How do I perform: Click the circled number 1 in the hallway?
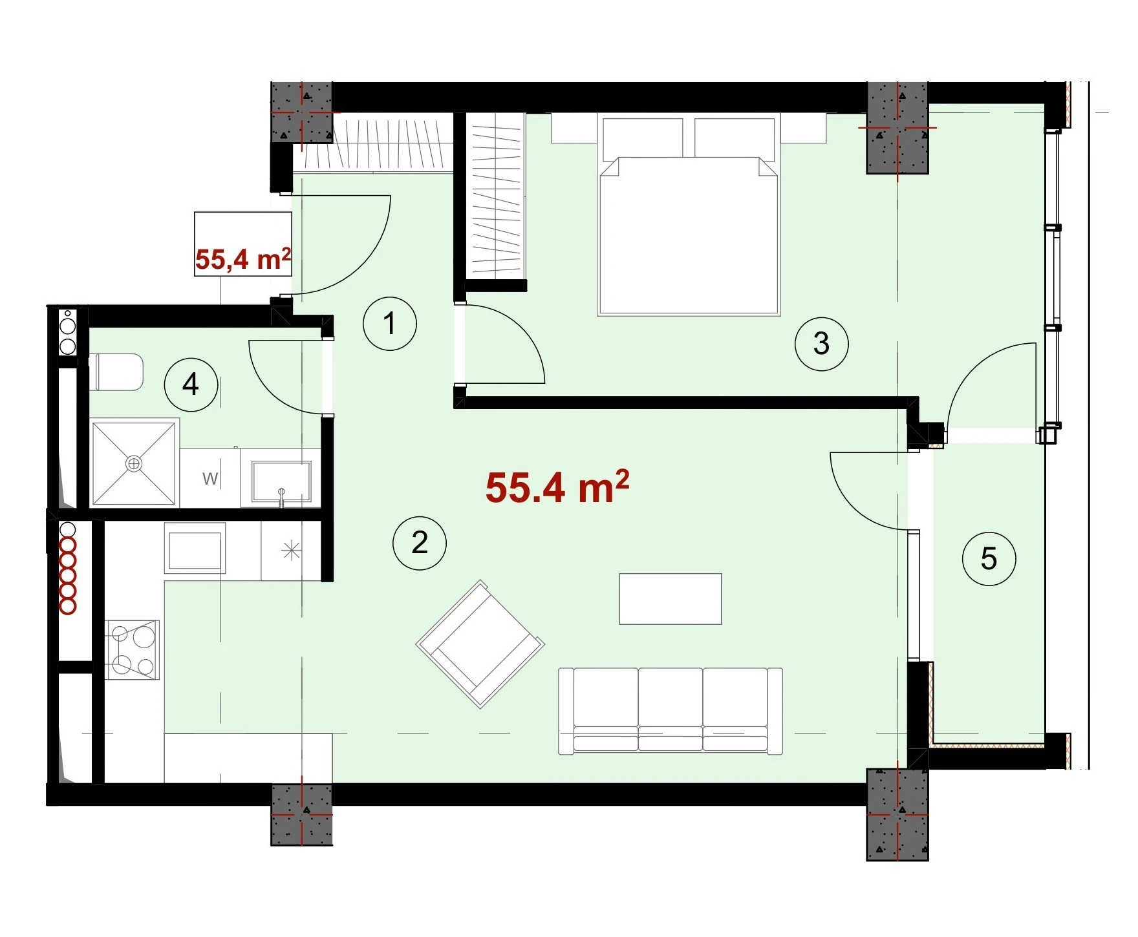389,323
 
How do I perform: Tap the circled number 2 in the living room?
420,543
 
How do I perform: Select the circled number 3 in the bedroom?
821,343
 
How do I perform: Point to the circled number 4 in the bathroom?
191,385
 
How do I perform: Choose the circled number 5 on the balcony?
989,559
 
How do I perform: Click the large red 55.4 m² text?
557,487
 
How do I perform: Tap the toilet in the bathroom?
119,372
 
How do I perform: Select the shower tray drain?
134,463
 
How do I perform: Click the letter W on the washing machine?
209,479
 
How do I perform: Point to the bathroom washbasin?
281,481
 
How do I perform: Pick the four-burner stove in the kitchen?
133,649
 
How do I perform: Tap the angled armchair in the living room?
480,644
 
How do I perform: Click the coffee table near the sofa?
671,598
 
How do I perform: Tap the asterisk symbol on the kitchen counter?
291,551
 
